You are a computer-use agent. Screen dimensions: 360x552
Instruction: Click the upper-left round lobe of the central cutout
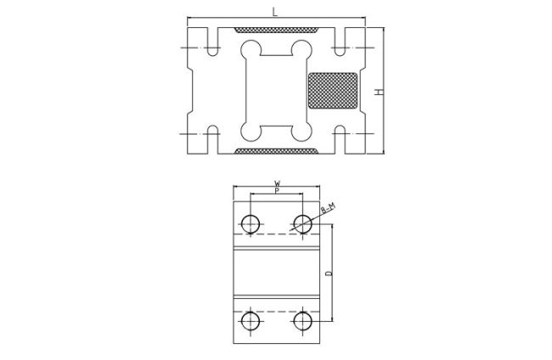point(251,48)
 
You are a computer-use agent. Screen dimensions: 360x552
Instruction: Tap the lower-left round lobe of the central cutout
point(251,132)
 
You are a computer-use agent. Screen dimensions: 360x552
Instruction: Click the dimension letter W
point(277,183)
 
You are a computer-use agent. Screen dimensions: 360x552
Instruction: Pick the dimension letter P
point(277,192)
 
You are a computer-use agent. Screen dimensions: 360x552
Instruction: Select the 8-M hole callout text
point(326,209)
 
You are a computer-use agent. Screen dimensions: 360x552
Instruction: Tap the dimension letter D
point(327,273)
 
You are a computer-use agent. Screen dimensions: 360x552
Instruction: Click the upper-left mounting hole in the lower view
point(251,223)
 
